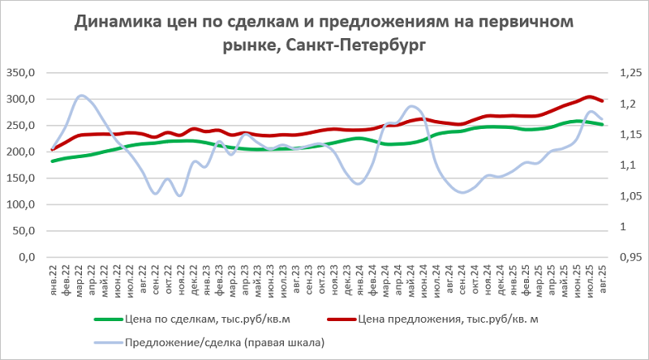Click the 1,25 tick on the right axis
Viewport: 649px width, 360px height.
[630, 74]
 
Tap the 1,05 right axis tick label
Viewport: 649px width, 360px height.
[630, 196]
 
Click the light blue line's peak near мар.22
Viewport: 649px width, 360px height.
[81, 96]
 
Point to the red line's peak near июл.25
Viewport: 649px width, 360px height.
[590, 97]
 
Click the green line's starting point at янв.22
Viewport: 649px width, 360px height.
[53, 161]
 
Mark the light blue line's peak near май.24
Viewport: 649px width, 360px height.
[412, 106]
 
